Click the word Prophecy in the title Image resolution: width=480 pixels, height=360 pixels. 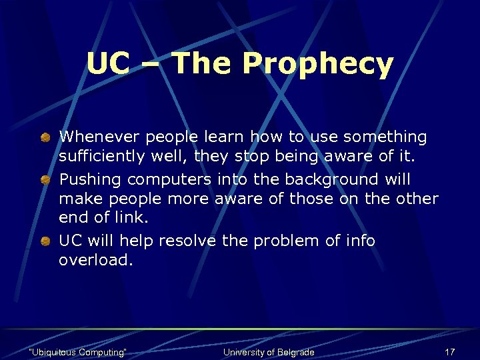tap(318, 65)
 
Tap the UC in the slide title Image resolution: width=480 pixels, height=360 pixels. tap(107, 65)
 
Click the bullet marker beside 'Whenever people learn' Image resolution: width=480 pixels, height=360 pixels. tap(44, 137)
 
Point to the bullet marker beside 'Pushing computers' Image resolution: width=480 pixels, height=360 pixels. tap(44, 180)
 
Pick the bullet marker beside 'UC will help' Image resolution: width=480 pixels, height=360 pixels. tap(44, 241)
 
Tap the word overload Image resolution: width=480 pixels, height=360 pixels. tap(96, 261)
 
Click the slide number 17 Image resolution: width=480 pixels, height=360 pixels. tap(449, 352)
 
